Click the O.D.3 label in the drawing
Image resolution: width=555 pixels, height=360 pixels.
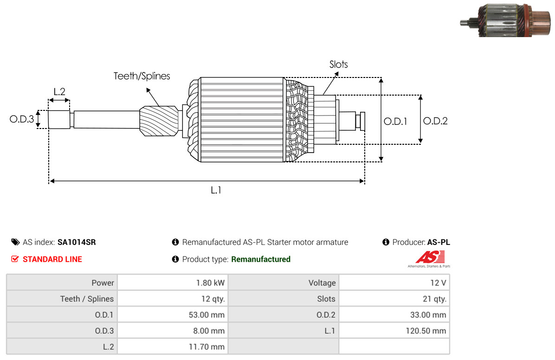point(22,119)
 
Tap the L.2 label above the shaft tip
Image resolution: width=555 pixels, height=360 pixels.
point(59,92)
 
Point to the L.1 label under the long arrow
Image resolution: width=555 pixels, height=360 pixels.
point(216,191)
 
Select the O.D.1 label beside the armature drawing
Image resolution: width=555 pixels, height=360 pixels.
point(395,122)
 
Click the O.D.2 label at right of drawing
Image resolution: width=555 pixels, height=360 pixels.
point(435,121)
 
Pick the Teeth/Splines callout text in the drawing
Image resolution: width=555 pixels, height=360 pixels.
point(142,76)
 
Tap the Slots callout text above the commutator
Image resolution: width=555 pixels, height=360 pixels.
point(338,64)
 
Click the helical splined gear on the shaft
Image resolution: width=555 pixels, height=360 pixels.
point(159,121)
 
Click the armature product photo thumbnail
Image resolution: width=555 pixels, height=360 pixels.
point(506,20)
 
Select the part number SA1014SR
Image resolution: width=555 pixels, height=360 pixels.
point(77,242)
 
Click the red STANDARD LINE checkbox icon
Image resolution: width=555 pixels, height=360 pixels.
point(15,259)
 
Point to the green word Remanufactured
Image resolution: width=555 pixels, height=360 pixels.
point(261,259)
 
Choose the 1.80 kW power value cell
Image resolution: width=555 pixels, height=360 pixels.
point(210,283)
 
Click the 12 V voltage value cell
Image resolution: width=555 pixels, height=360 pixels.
point(438,283)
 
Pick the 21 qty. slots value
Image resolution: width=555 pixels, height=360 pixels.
point(434,299)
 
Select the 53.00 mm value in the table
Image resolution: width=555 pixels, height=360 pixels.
point(207,315)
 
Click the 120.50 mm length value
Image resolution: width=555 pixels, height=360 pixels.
point(426,331)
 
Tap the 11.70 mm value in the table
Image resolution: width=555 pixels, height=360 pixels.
point(207,347)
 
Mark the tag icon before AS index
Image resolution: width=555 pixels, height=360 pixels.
point(15,242)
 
